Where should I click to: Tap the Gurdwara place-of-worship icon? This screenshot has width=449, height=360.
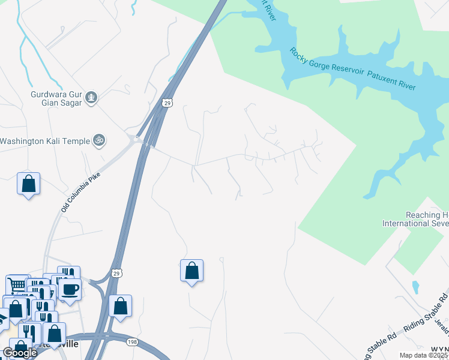pyautogui.click(x=91, y=97)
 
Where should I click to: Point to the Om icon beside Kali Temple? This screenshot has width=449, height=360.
pyautogui.click(x=100, y=140)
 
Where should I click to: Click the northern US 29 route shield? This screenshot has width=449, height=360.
pyautogui.click(x=167, y=103)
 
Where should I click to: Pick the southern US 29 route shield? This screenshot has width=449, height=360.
pyautogui.click(x=117, y=273)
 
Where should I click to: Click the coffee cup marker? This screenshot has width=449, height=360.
pyautogui.click(x=70, y=289)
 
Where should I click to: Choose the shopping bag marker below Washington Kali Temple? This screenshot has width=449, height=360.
pyautogui.click(x=28, y=184)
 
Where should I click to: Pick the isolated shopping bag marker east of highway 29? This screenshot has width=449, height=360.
pyautogui.click(x=191, y=271)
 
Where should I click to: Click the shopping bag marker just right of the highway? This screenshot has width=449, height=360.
pyautogui.click(x=121, y=306)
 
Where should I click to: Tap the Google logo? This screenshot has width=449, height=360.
pyautogui.click(x=19, y=353)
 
